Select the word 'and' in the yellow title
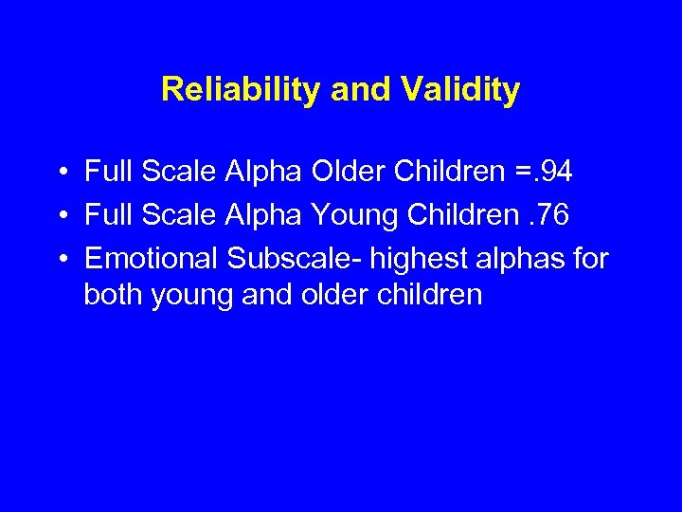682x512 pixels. tap(361, 90)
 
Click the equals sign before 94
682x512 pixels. tap(524, 173)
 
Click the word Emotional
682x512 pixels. tap(152, 257)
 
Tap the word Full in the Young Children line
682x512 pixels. tap(106, 215)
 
